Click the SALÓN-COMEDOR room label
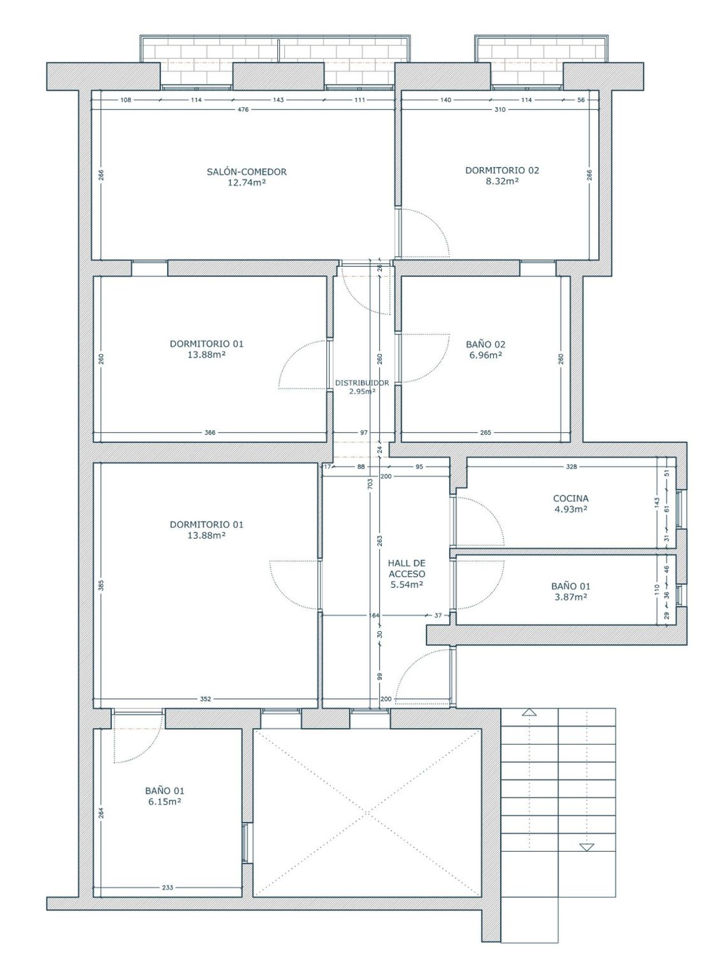coord(247,172)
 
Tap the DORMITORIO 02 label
coord(502,170)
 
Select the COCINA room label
coord(570,499)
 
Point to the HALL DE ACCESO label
coord(407,569)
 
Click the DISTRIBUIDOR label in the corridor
coord(362,382)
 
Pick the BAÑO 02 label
coord(485,344)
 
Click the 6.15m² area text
coord(164,802)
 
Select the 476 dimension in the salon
coord(243,109)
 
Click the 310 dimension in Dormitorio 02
coord(500,109)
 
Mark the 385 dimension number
coord(101,585)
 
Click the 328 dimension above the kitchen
coord(571,467)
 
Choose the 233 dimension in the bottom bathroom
coord(168,888)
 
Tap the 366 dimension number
coord(210,433)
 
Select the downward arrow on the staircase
coord(587,848)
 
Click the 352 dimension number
coord(205,699)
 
